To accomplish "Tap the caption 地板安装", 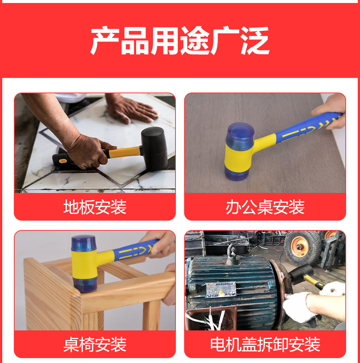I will pos(95,207).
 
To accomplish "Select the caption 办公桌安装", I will pos(265,207).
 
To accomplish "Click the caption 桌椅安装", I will pos(95,345).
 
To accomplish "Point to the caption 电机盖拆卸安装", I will pos(265,345).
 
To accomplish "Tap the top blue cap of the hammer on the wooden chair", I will pos(84,243).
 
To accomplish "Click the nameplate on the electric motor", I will pos(221,290).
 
